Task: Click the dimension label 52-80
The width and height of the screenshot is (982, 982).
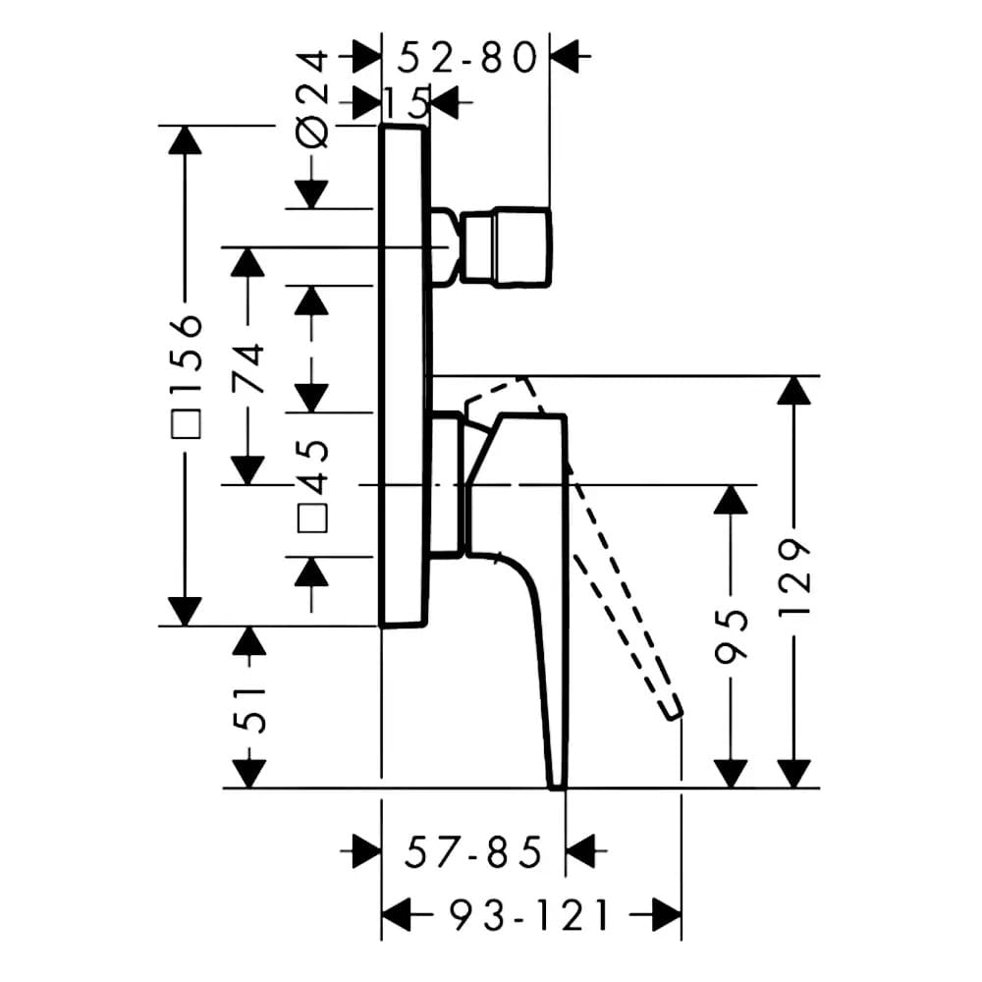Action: point(467,58)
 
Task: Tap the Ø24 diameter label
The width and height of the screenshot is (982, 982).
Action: point(312,99)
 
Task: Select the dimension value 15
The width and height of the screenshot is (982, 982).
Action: point(406,102)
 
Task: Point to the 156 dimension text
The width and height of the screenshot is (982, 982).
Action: point(186,354)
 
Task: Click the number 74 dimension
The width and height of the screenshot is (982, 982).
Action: point(248,367)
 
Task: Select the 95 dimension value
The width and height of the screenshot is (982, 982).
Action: point(731,633)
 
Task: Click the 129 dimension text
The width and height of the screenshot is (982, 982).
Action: point(794,576)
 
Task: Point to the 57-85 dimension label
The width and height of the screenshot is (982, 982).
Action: point(473,852)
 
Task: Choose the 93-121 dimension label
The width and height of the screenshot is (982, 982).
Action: point(529,915)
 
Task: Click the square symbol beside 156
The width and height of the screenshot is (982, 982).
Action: point(186,424)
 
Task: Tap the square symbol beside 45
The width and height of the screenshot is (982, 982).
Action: point(312,518)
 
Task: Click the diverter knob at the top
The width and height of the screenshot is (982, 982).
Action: point(506,246)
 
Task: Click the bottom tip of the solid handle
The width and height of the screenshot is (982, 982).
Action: point(557,787)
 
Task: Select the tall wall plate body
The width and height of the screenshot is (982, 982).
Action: point(404,376)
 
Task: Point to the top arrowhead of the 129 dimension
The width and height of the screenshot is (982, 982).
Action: point(794,390)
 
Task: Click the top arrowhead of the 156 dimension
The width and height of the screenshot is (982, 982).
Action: point(186,139)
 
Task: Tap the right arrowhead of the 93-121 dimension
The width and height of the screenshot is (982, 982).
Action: point(667,915)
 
